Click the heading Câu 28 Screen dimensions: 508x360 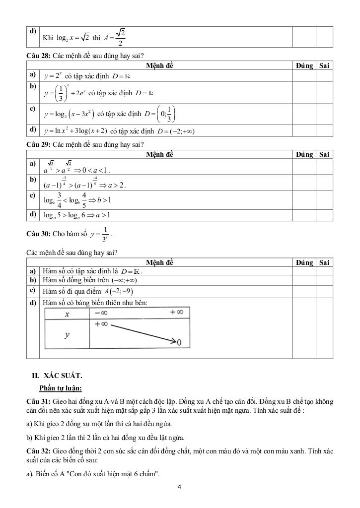coord(38,56)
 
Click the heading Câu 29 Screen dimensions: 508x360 coord(38,144)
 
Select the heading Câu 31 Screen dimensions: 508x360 coord(38,400)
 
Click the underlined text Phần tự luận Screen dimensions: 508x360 coord(60,388)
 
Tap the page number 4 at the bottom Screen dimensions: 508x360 coord(179,487)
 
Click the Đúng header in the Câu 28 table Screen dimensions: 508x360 coord(304,65)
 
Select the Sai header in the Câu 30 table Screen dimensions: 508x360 coord(324,262)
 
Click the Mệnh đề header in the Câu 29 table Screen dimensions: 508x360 coord(160,154)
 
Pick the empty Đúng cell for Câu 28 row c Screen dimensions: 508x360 coord(304,114)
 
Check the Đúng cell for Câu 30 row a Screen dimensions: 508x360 coord(304,271)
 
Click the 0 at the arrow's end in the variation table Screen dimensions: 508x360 coord(179,343)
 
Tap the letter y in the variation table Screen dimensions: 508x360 coord(67,335)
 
